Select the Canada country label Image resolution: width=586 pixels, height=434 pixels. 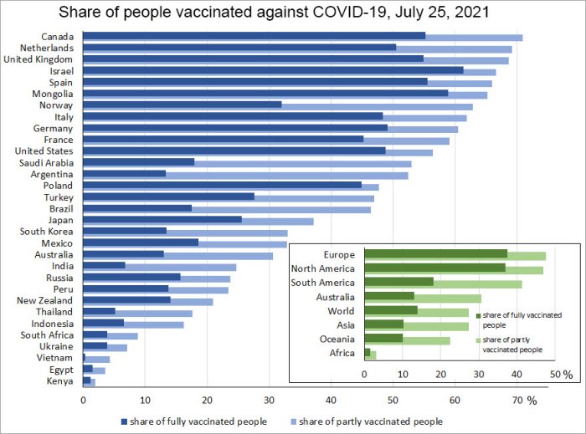pos(57,37)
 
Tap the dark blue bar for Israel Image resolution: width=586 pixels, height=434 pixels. pos(273,71)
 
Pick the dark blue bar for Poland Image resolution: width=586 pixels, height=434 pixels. pos(222,186)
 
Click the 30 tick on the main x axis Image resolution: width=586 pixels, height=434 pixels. pos(269,401)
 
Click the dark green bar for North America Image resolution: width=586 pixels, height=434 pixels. pos(435,268)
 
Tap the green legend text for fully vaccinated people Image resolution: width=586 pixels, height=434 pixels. pos(518,320)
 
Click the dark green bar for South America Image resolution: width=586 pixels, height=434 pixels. pos(399,283)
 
